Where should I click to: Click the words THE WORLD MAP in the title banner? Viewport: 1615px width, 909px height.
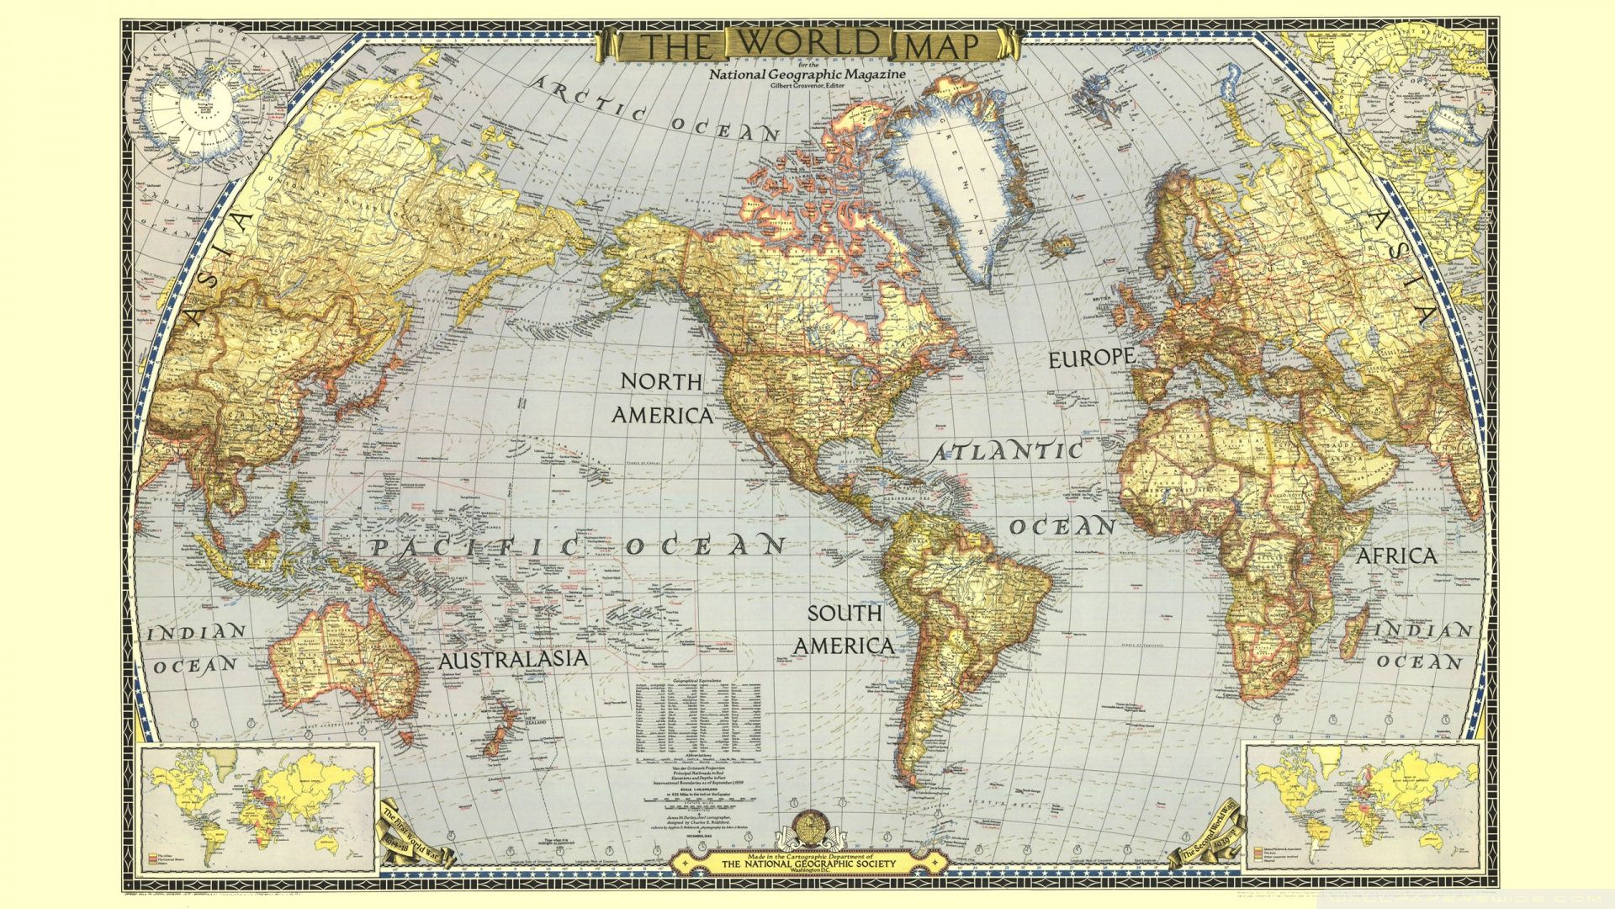807,45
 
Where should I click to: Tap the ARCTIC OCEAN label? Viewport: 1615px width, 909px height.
656,110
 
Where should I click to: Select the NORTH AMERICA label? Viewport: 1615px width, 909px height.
662,398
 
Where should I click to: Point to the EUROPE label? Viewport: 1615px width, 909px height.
1091,358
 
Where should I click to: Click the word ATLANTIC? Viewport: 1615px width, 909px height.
1006,452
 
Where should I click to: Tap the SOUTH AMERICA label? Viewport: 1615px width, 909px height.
845,630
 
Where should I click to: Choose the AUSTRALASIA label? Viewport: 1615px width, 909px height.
512,659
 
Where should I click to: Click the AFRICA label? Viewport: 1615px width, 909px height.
1396,556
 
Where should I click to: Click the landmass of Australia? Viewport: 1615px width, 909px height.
345,656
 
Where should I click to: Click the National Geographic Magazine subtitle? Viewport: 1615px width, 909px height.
807,74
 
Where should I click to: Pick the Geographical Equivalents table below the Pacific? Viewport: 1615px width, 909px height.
697,720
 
